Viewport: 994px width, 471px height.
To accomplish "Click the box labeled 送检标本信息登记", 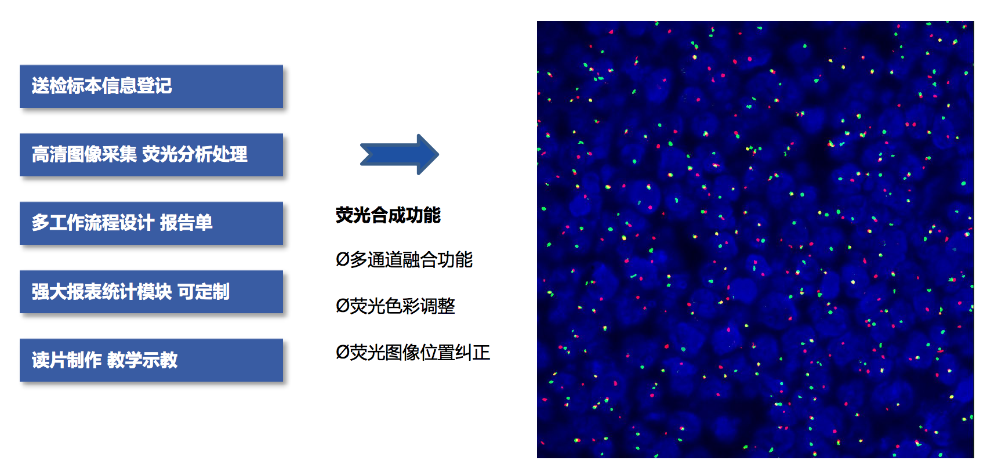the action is point(151,86).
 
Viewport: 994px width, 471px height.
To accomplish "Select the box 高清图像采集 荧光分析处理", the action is point(151,155).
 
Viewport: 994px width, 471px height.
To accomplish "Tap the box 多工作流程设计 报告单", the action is point(151,223).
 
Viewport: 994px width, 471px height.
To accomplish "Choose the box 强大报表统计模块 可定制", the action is point(151,292).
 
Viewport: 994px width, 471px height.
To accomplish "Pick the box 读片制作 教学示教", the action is point(151,360).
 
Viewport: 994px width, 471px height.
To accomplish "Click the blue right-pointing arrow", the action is point(400,154).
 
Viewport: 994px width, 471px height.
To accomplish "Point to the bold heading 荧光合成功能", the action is point(389,215).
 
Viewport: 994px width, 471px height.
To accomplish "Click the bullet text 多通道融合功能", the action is point(411,260).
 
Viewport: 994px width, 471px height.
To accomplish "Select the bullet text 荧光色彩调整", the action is point(402,306).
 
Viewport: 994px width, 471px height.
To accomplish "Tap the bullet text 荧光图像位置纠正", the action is point(420,353).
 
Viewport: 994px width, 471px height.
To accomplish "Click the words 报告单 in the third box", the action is point(186,223).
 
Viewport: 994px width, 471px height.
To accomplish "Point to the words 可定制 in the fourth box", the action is point(204,292).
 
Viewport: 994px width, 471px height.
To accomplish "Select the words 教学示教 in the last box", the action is point(143,360).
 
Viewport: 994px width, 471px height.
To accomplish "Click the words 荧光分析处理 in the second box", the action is point(195,154).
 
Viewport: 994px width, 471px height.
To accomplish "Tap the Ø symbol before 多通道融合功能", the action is point(343,260).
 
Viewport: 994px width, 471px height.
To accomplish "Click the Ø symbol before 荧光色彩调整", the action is point(343,306).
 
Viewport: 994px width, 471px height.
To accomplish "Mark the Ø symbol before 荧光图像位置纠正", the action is point(343,353).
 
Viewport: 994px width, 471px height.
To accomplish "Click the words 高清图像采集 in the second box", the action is point(84,154).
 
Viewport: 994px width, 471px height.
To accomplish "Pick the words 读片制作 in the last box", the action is point(67,360).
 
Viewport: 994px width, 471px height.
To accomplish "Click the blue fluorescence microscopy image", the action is point(755,240).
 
